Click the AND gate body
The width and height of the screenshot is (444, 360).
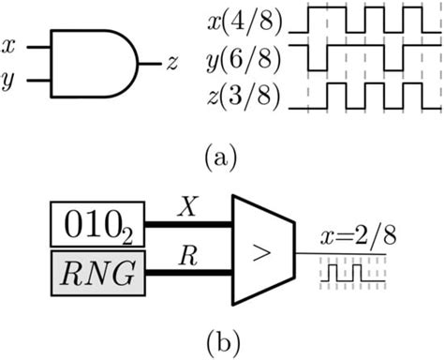[x=90, y=64]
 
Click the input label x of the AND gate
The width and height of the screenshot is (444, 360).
[x=9, y=44]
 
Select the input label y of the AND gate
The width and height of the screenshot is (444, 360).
[x=9, y=82]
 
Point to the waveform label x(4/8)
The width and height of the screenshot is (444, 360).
[x=241, y=15]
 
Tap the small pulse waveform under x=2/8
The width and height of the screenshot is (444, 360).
[x=350, y=273]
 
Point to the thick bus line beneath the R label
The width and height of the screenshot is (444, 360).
[x=188, y=273]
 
